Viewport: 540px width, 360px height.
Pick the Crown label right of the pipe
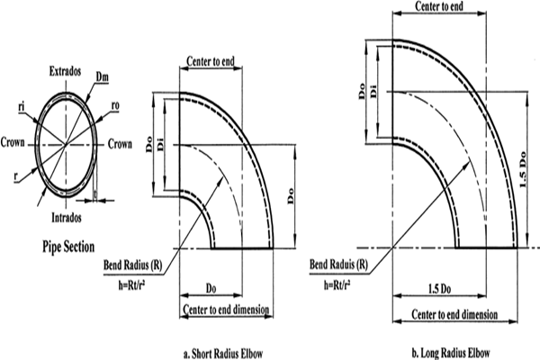(x=121, y=143)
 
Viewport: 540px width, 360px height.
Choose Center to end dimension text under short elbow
(x=225, y=310)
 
